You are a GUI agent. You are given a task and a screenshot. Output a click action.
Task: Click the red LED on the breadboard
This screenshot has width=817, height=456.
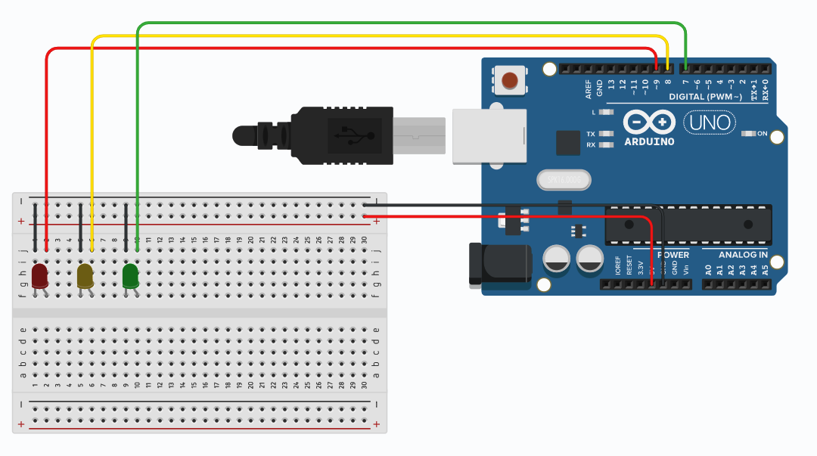[x=39, y=275]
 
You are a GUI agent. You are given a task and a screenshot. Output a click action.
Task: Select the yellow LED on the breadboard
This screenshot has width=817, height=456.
[x=85, y=275]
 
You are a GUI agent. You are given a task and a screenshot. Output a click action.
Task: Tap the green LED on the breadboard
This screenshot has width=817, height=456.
[x=130, y=275]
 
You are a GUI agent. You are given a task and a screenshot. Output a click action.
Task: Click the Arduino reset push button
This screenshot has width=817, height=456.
[x=511, y=79]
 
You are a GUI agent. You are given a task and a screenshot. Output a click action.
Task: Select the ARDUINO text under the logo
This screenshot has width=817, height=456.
[x=650, y=141]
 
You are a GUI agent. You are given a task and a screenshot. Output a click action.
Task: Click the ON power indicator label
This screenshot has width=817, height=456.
[x=762, y=134]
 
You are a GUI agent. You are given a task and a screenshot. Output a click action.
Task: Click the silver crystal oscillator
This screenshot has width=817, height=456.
[x=563, y=180]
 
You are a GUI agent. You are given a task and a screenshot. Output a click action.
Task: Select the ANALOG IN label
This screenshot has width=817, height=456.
[x=743, y=255]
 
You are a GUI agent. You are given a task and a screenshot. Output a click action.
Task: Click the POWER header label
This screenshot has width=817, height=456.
[x=673, y=255]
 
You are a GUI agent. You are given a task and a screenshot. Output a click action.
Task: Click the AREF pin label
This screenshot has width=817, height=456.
[x=589, y=89]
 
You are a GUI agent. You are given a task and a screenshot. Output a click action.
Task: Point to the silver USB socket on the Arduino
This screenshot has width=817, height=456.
[x=489, y=136]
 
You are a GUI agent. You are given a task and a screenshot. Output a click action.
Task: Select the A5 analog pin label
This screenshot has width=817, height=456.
[x=765, y=268]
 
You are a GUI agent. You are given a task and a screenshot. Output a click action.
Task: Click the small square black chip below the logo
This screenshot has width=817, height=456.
[x=567, y=143]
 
